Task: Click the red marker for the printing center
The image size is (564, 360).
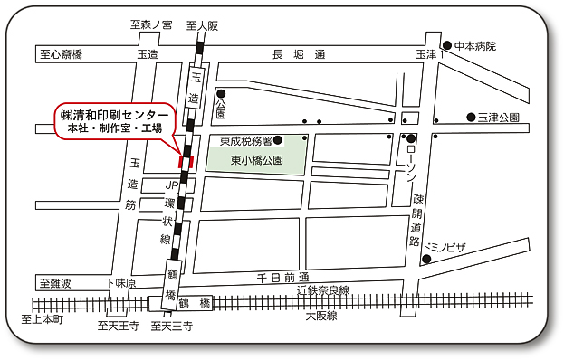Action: coord(187,161)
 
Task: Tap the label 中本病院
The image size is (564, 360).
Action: coord(475,45)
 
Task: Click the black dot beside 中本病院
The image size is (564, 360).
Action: coord(447,45)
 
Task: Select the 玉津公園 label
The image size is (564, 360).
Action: coord(499,118)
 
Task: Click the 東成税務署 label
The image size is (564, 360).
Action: coord(245,140)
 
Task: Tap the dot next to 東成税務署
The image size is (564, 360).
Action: coord(279,139)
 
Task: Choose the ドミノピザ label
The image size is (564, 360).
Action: coord(446,245)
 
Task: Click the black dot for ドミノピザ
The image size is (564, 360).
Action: coord(425,260)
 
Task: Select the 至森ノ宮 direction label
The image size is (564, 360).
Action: coord(151,26)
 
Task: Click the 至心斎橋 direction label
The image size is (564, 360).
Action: coord(62,55)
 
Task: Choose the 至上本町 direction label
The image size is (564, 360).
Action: coord(43,320)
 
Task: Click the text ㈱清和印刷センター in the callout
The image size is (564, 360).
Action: coord(115,115)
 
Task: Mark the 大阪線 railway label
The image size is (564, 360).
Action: coord(320,316)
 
